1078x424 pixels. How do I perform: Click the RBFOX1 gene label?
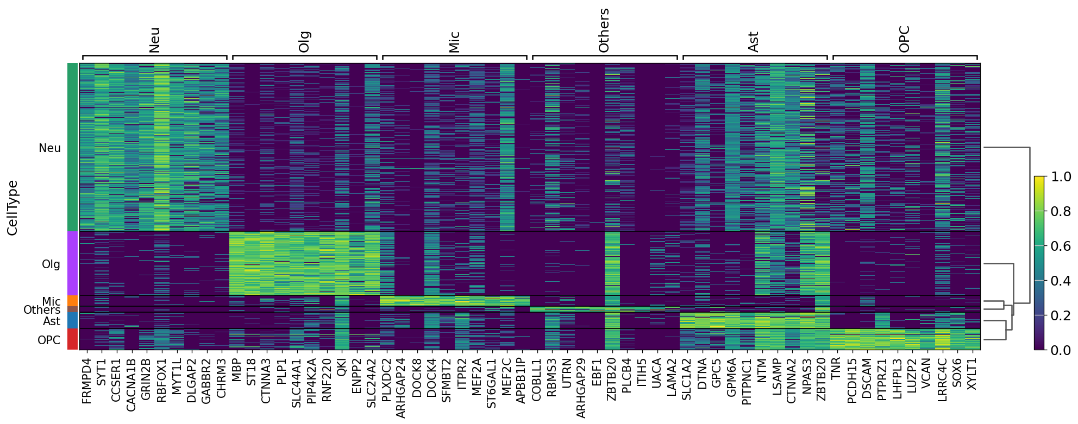pyautogui.click(x=161, y=380)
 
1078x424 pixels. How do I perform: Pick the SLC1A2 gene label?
pyautogui.click(x=686, y=379)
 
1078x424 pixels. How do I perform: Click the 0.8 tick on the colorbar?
pyautogui.click(x=1061, y=211)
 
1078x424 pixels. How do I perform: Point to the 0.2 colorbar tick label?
pyautogui.click(x=1061, y=315)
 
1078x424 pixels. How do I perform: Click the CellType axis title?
pyautogui.click(x=12, y=208)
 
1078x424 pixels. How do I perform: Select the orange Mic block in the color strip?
pyautogui.click(x=73, y=301)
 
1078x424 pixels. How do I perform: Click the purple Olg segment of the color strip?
pyautogui.click(x=73, y=263)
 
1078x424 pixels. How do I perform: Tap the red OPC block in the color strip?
pyautogui.click(x=73, y=339)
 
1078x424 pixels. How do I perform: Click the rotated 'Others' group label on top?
pyautogui.click(x=604, y=30)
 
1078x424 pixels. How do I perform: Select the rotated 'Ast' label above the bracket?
pyautogui.click(x=753, y=42)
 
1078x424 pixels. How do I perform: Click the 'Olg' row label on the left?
pyautogui.click(x=51, y=264)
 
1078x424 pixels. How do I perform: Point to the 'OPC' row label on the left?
pyautogui.click(x=49, y=340)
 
